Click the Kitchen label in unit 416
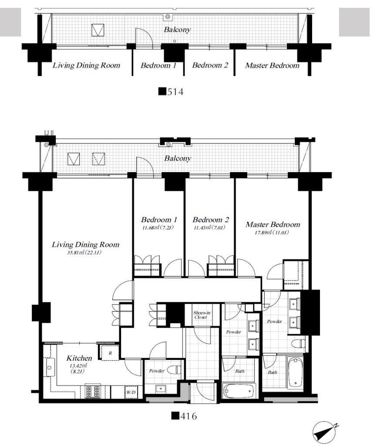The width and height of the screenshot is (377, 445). pyautogui.click(x=79, y=358)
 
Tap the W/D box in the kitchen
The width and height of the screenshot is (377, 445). pyautogui.click(x=131, y=392)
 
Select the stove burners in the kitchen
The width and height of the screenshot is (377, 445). pyautogui.click(x=93, y=392)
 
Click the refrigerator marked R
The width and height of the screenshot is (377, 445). pyautogui.click(x=110, y=353)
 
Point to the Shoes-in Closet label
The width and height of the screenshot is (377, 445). pyautogui.click(x=201, y=315)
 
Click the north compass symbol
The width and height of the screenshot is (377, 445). pyautogui.click(x=325, y=432)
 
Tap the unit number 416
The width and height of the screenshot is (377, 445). pyautogui.click(x=184, y=416)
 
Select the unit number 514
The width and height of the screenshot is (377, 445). pyautogui.click(x=171, y=92)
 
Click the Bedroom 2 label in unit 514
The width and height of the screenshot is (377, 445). pyautogui.click(x=210, y=65)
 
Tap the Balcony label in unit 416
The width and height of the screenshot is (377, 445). pyautogui.click(x=178, y=158)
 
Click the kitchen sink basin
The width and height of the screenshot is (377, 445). pyautogui.click(x=49, y=368)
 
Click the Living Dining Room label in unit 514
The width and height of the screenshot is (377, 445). pyautogui.click(x=87, y=66)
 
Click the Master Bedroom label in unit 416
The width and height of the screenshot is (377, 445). pyautogui.click(x=273, y=225)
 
